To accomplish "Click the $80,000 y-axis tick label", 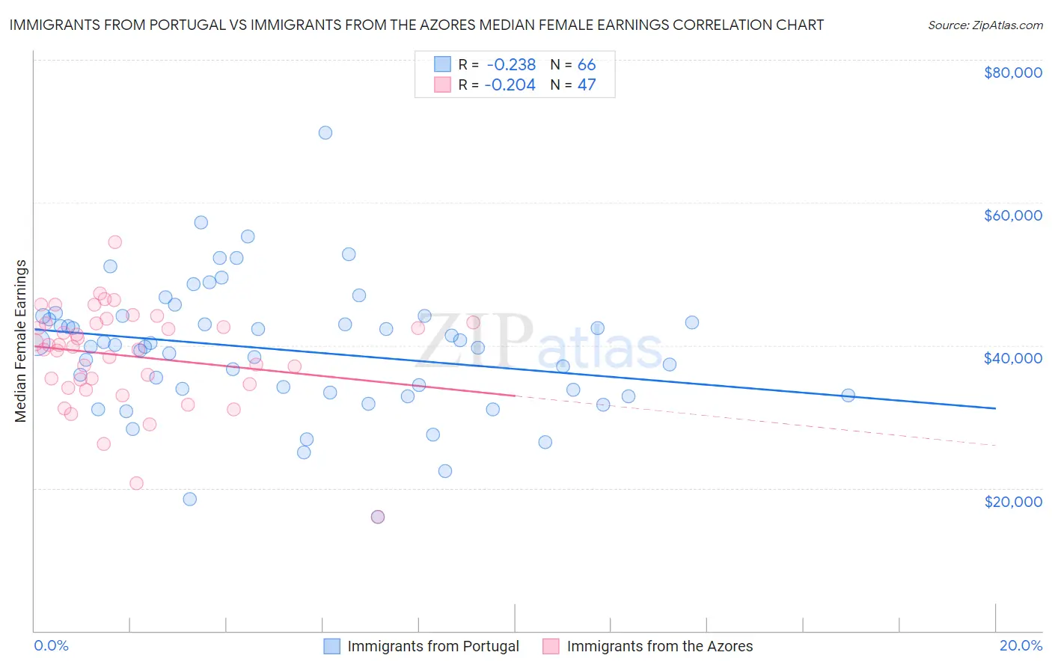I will [1012, 73].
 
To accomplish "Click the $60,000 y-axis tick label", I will [1012, 215].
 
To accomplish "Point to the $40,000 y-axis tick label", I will [1012, 358].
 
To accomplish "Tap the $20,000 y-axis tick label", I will [1012, 501].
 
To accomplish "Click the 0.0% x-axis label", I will [51, 645].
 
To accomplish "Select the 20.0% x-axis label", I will [1021, 645].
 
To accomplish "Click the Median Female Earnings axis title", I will [21, 341].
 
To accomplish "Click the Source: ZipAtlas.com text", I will [985, 25].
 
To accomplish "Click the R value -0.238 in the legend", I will [510, 65].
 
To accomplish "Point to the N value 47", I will [587, 85].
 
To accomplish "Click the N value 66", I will [587, 65].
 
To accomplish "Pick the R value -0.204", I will [510, 85].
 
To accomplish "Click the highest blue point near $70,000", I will [325, 133].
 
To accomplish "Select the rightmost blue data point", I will [848, 396].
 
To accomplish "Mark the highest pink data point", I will [114, 242].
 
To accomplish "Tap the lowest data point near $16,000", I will [378, 517].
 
